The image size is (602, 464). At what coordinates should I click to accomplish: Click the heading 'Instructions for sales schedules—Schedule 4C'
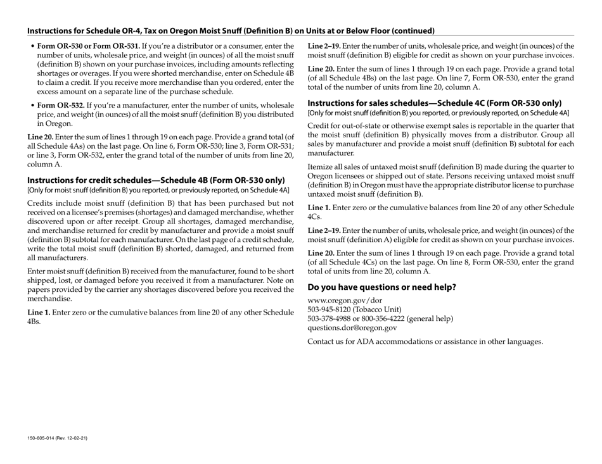tap(434, 103)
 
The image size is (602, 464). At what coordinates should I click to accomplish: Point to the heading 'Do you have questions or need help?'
tap(381, 286)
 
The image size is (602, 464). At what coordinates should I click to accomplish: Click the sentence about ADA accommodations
tap(425, 342)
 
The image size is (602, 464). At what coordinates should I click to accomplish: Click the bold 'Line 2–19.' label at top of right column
tap(324, 46)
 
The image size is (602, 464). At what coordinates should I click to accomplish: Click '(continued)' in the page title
tap(413, 30)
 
